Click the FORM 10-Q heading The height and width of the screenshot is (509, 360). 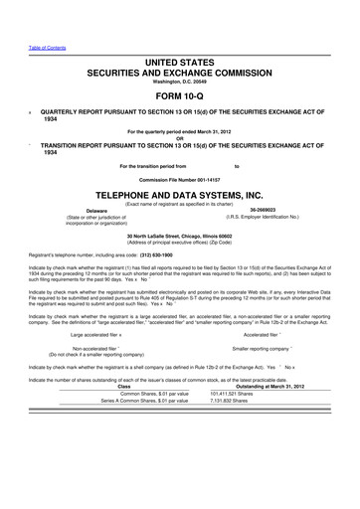180,96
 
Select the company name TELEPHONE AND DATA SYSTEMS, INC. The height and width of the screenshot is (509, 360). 180,195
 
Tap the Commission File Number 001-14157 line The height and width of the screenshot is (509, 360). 180,178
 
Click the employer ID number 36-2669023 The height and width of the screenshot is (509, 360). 264,210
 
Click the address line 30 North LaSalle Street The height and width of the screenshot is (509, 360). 180,236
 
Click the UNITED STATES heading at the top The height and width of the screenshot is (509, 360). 180,62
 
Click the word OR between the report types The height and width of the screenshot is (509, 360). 180,137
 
